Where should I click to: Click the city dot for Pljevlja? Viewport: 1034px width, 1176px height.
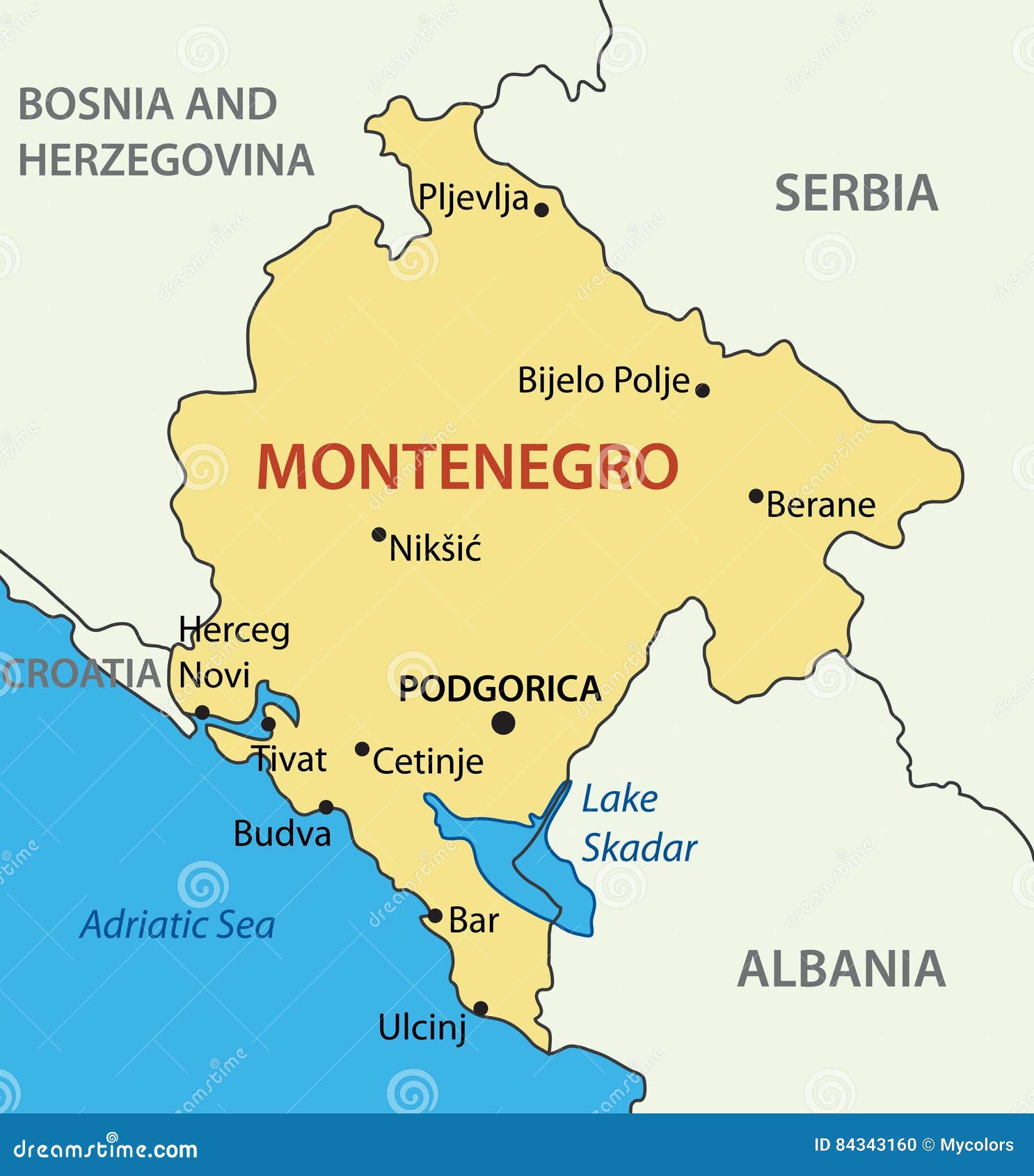(541, 209)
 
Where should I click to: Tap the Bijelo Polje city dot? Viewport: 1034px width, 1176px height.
(703, 390)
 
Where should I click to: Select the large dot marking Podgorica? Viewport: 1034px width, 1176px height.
(503, 723)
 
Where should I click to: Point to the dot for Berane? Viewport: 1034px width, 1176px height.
(756, 496)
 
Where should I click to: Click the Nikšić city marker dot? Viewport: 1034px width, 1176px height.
(379, 534)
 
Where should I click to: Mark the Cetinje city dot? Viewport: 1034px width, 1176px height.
(362, 749)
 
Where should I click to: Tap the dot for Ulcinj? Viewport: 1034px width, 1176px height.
(480, 1008)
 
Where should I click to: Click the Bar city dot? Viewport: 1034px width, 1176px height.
(435, 916)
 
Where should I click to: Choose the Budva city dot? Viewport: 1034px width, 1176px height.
(326, 807)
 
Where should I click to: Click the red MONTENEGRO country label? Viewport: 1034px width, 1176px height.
(468, 467)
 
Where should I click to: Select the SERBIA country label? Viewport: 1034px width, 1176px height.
(856, 193)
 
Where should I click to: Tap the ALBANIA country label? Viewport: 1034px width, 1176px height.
(841, 969)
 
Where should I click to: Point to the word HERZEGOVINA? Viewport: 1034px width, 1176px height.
(166, 160)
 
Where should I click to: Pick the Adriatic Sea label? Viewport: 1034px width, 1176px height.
(177, 925)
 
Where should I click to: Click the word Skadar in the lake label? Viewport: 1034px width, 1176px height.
(639, 848)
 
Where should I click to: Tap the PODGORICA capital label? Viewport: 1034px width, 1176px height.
(499, 688)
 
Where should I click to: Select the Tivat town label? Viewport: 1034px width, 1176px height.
(289, 758)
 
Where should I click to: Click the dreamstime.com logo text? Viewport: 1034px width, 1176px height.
(106, 1149)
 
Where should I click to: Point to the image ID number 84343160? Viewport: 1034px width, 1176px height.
(876, 1145)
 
